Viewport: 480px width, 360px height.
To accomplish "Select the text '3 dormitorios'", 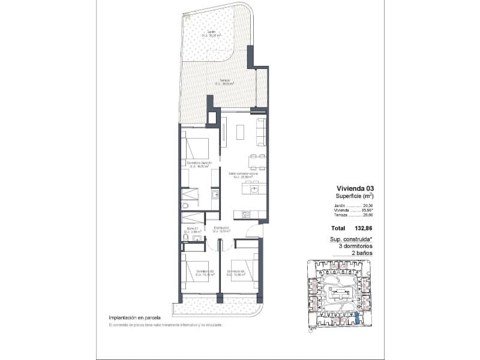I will pos(355,246).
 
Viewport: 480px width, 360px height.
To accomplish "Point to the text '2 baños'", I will pos(362,253).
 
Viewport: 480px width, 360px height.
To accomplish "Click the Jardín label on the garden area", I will pos(211,33).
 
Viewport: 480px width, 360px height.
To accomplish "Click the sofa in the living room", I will pos(261,131).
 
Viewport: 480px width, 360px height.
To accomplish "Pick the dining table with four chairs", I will pos(257,161).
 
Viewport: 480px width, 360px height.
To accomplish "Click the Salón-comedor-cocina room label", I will pos(243,175).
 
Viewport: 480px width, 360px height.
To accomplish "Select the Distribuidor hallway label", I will pos(221,229).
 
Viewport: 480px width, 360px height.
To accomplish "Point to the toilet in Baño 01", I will pos(187,239).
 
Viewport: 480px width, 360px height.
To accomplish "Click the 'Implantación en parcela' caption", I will pos(136,317).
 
